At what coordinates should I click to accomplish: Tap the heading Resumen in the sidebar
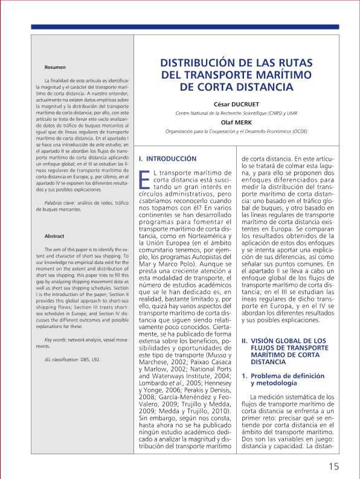56,66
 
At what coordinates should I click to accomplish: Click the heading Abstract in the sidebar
55,236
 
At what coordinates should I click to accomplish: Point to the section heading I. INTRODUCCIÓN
168,158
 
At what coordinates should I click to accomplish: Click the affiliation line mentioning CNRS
233,113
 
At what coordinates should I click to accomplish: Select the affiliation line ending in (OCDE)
233,130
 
